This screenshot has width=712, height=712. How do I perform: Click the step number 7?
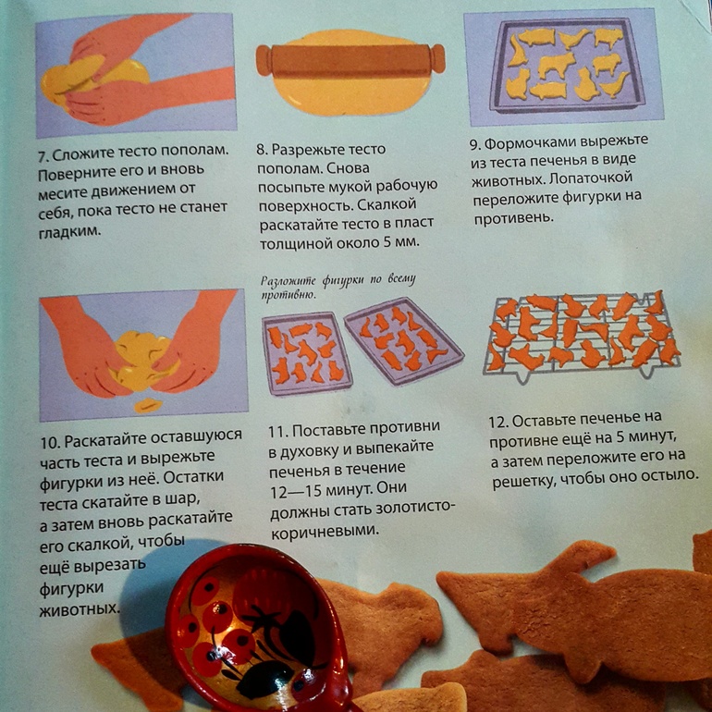[43, 157]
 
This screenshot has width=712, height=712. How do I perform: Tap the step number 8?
[262, 150]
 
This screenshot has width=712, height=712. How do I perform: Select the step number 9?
[475, 145]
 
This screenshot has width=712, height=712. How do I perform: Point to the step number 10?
[50, 442]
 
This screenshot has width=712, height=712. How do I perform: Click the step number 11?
[278, 431]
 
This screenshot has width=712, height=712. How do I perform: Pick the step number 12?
[498, 422]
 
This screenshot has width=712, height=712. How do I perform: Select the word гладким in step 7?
[69, 231]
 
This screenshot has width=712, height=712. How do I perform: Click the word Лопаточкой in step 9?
[591, 178]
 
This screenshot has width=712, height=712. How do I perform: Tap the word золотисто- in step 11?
[408, 508]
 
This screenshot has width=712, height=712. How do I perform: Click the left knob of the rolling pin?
[264, 60]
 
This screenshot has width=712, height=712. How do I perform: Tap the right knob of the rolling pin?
[436, 58]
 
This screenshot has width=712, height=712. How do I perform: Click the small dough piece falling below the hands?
[148, 405]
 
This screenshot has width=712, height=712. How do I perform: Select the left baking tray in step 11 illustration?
[306, 353]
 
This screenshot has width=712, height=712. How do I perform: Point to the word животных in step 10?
[80, 609]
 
